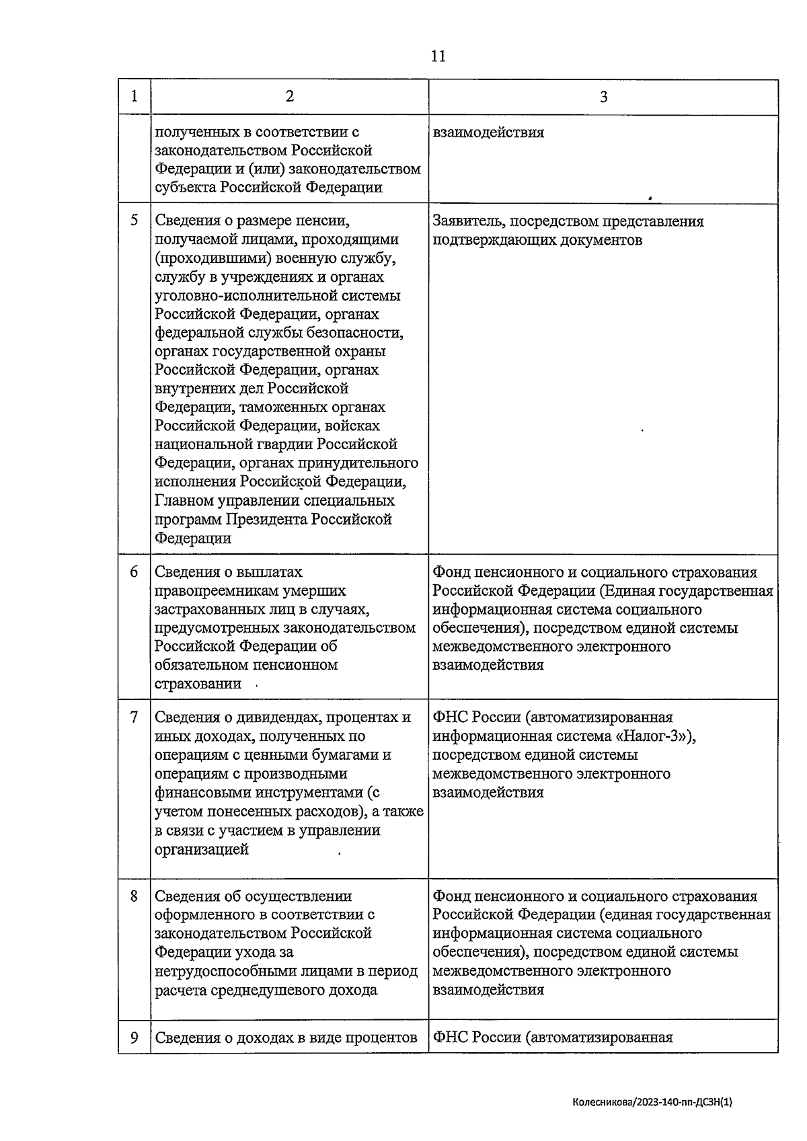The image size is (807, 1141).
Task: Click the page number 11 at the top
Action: pos(437,56)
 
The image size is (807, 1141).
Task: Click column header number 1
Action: pos(134,96)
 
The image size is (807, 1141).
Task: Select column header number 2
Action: pos(289,96)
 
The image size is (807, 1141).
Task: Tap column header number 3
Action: pos(603,97)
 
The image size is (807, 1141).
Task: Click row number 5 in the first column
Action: pos(134,221)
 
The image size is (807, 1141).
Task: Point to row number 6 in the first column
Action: pos(134,572)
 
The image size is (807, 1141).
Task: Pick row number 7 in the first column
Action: pos(134,717)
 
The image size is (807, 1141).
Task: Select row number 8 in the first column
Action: pos(134,896)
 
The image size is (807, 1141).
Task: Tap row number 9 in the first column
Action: pos(134,1037)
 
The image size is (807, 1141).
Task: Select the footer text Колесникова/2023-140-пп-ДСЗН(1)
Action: pos(652,1102)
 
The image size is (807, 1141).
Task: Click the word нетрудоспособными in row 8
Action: pos(224,971)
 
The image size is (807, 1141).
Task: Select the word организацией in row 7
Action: pos(201,849)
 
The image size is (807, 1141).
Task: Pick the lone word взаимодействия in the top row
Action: pos(488,132)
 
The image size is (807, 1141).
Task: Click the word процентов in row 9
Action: pos(381,1037)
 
